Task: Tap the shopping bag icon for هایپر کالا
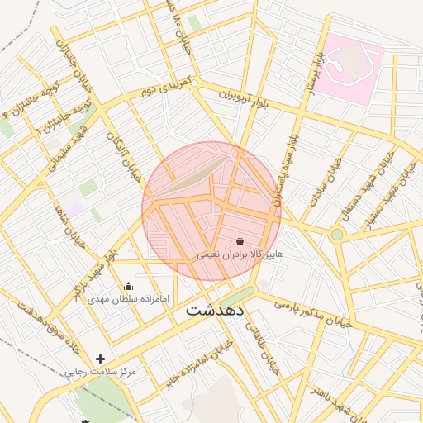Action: coord(240,242)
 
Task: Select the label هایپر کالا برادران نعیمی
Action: coord(240,255)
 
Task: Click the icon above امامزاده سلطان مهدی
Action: coord(128,287)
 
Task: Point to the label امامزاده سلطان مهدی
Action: coord(128,298)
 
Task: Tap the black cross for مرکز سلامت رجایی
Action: coord(101,359)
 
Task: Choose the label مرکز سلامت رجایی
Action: coord(101,372)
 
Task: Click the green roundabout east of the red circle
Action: coord(337,235)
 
